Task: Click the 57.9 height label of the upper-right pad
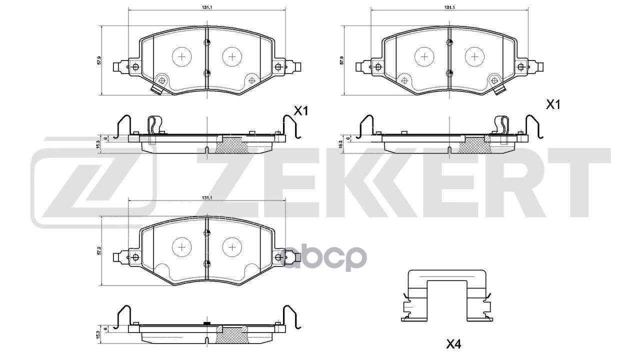click(342, 60)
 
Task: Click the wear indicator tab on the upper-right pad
click(499, 90)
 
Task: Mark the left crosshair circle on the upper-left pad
click(181, 56)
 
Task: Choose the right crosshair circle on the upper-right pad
click(474, 56)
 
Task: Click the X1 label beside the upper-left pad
click(300, 111)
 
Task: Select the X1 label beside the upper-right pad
click(552, 104)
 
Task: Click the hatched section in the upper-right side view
click(476, 145)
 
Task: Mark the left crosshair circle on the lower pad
click(181, 247)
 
